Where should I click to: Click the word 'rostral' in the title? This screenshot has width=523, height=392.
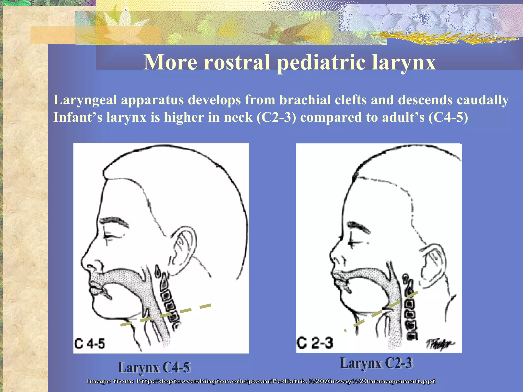coord(236,62)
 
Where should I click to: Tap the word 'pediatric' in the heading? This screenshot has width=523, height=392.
coord(321,63)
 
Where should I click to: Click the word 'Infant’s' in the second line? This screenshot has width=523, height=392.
coord(78,117)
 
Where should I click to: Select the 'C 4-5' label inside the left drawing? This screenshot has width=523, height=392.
coord(90,344)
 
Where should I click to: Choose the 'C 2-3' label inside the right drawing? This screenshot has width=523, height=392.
coord(315,342)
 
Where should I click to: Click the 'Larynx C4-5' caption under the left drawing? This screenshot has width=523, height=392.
coord(154,367)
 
